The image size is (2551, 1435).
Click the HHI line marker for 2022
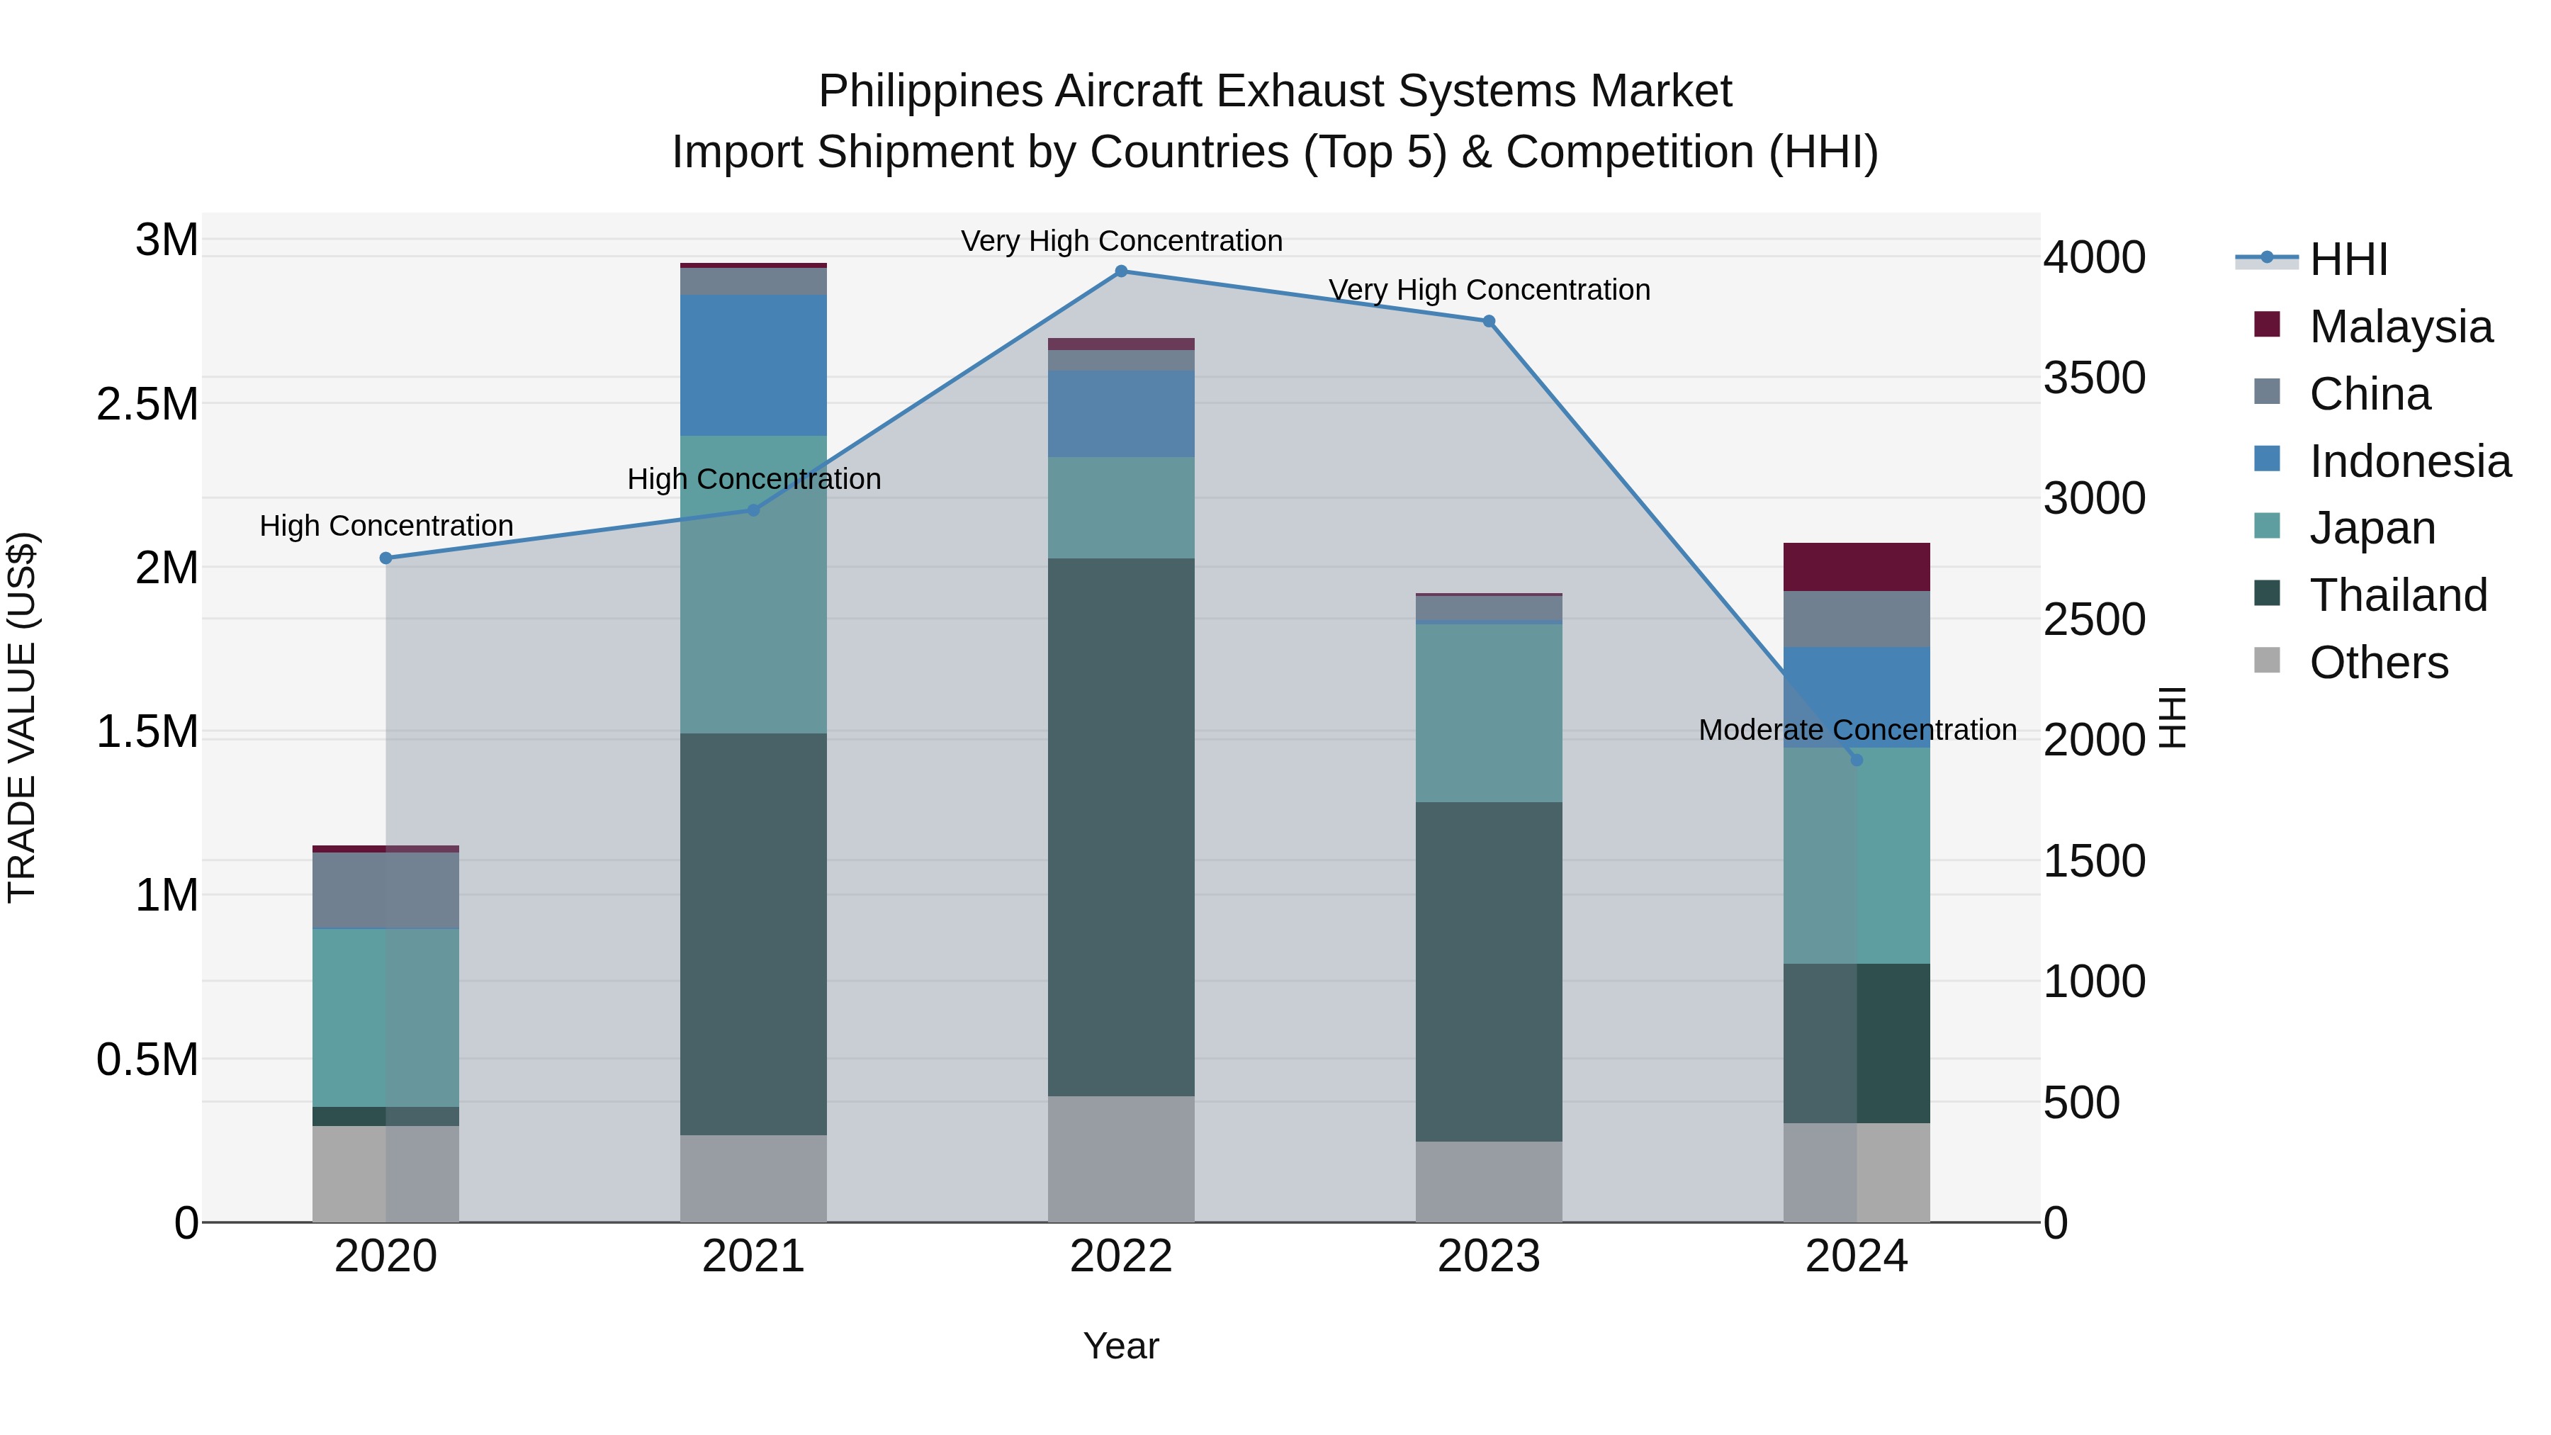(1121, 271)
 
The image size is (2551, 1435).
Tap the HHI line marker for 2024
(1856, 760)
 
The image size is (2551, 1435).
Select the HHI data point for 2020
(386, 558)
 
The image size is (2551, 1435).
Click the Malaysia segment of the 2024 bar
(1856, 568)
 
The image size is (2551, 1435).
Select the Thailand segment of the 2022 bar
(1121, 827)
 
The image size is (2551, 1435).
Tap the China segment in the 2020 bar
(386, 890)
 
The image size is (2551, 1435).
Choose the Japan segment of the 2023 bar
(1488, 713)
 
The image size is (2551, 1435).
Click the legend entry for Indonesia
(2409, 461)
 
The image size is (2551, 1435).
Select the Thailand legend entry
(2397, 595)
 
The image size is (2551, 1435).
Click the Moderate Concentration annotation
(1857, 730)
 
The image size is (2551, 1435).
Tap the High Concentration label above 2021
(754, 479)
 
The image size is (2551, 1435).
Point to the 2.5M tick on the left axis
(147, 404)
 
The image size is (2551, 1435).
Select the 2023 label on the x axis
(1488, 1256)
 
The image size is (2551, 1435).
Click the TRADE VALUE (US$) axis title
(23, 717)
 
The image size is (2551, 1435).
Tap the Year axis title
(1121, 1346)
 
